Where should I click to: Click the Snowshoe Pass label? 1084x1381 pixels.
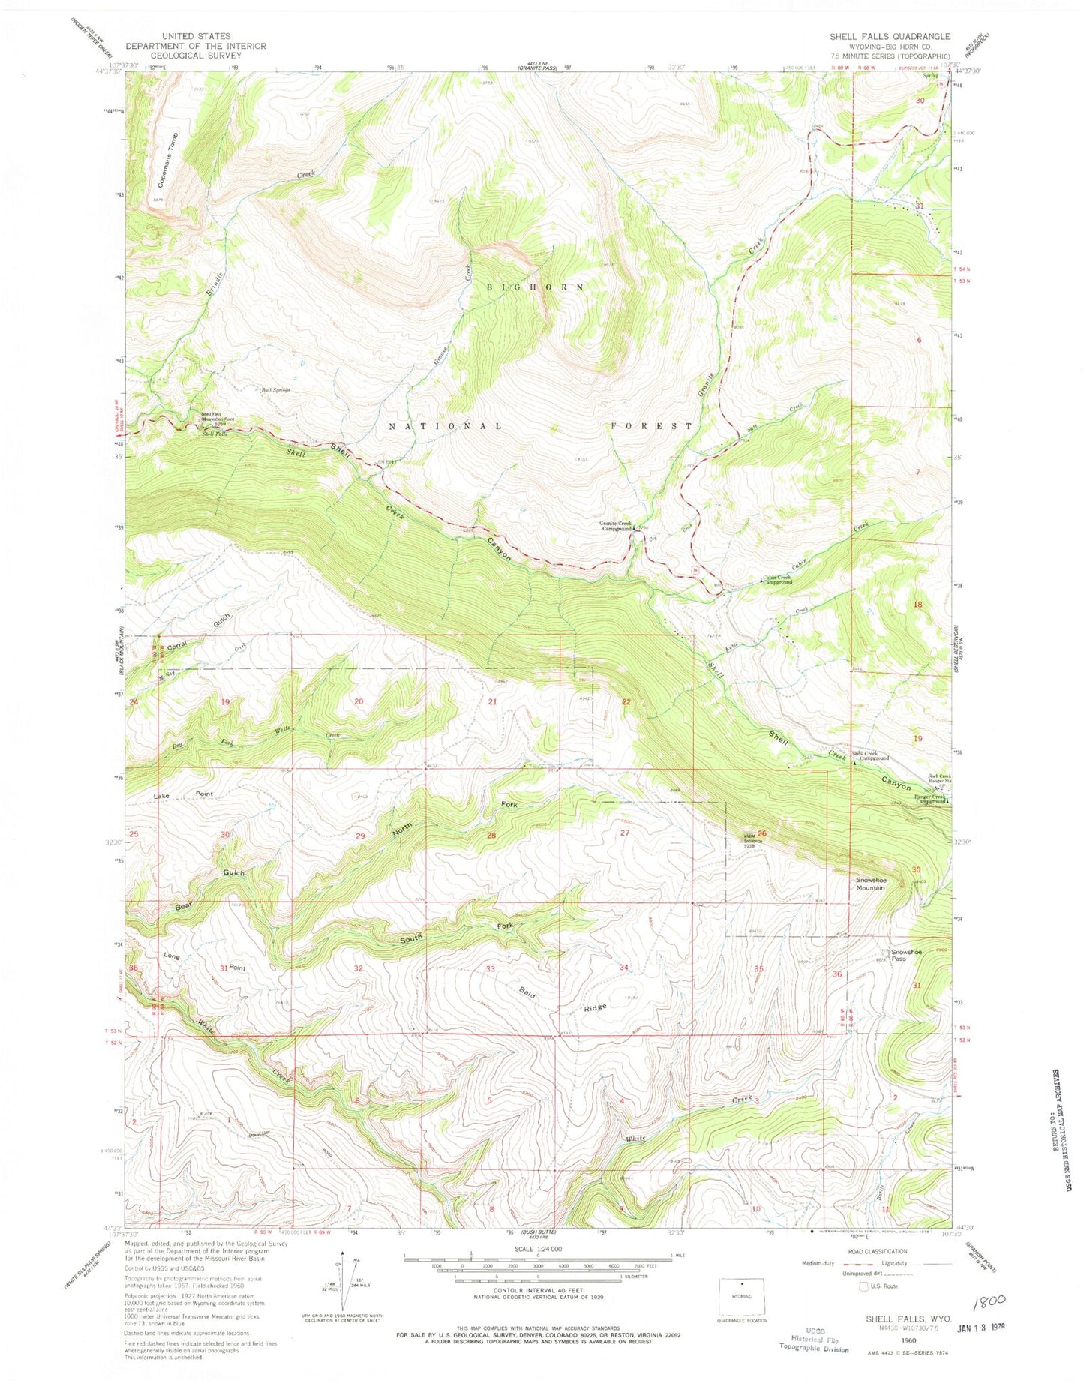(906, 956)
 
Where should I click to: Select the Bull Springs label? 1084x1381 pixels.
(275, 390)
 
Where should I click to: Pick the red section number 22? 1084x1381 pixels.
(626, 701)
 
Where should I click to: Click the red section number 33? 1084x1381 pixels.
(490, 968)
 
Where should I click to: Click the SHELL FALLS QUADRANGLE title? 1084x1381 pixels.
(890, 36)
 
